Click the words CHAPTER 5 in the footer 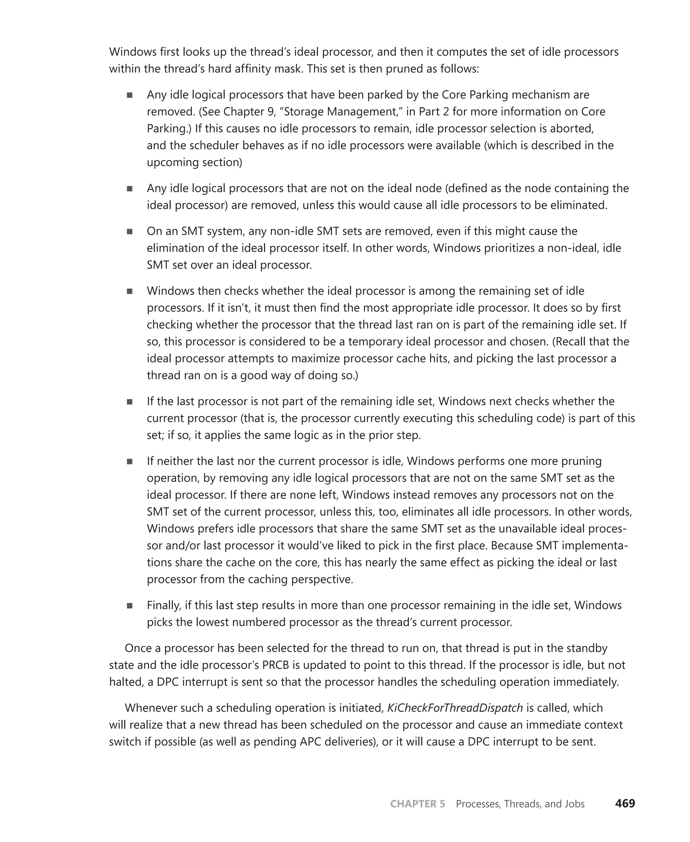[417, 804]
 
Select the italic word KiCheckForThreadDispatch [455, 708]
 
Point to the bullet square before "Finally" [130, 606]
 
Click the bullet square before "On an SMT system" [130, 231]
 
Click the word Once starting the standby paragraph [139, 648]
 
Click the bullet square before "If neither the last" [130, 461]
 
